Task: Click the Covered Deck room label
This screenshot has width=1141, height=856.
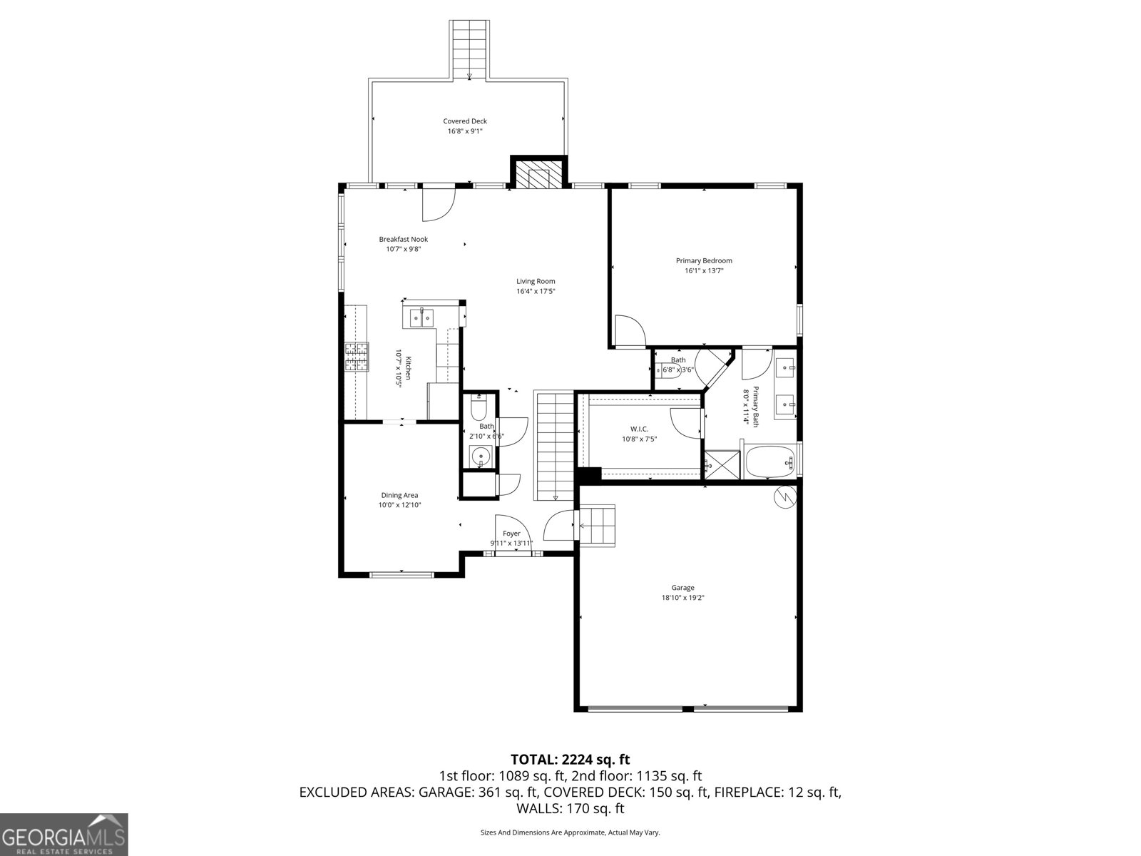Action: coord(465,121)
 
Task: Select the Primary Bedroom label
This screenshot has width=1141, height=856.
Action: coord(704,261)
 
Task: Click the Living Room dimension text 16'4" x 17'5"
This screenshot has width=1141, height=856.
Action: coord(536,291)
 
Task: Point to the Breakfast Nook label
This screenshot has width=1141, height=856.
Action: coord(403,240)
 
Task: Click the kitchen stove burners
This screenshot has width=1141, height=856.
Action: coord(357,357)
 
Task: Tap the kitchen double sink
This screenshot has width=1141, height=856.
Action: coord(421,317)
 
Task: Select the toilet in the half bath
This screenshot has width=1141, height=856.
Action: coord(478,409)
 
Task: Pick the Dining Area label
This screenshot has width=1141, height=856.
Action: coord(399,495)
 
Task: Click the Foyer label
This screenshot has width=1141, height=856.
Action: coord(511,534)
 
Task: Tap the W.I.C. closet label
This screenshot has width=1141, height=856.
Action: coord(639,429)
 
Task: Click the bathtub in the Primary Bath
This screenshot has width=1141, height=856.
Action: coord(770,463)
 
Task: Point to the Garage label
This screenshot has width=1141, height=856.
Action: coord(682,588)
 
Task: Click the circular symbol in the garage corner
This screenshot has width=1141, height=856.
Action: coord(784,497)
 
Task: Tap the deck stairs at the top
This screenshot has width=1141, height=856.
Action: coord(469,47)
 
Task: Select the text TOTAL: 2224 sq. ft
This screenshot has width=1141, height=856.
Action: coord(570,759)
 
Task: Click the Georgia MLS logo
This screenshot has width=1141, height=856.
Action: coord(64,834)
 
